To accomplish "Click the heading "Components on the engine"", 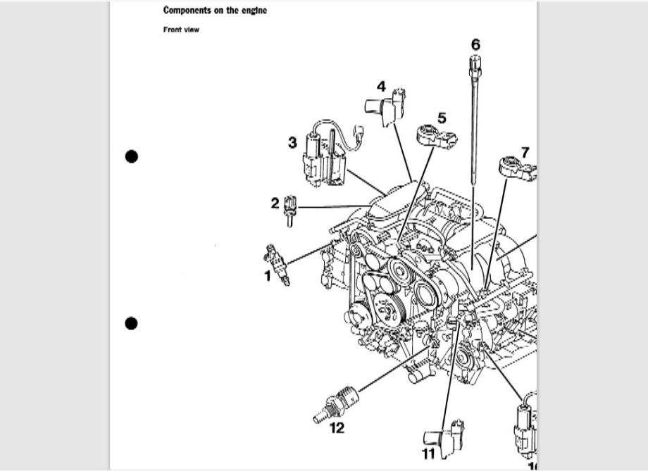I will pos(215,11).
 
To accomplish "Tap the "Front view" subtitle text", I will pos(181,30).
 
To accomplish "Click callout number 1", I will pos(268,276).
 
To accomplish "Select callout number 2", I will pos(275,203).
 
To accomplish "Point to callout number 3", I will pos(292,143).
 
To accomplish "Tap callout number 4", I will pos(381,87).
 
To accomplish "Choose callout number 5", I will pos(442,118).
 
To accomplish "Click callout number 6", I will pos(475,44).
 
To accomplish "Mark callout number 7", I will pos(525,153).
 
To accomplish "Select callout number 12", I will pos(337,428).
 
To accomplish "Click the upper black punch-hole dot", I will pos(131,156).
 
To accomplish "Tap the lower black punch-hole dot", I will pos(131,323).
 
